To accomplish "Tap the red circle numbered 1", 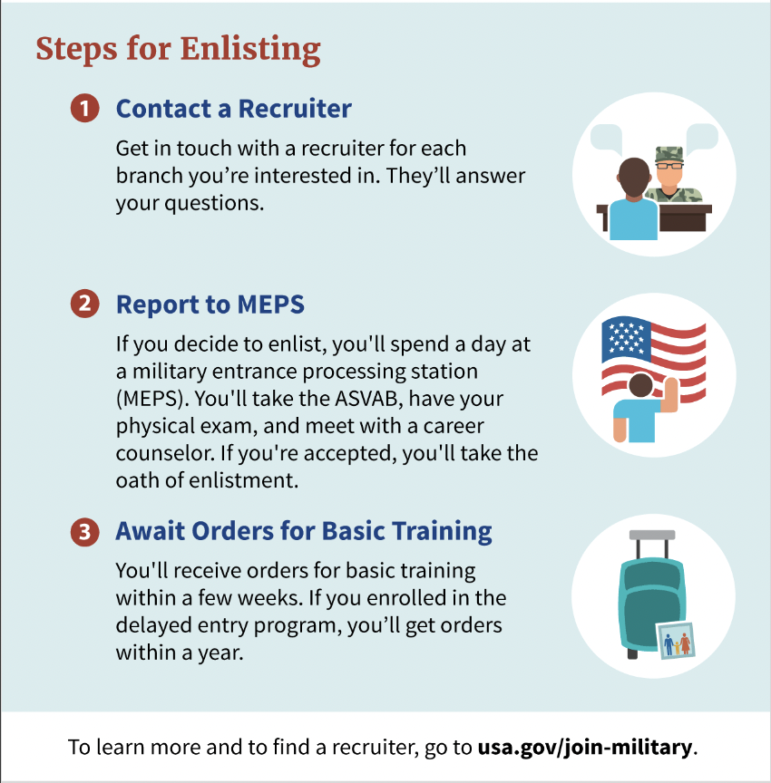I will point(84,109).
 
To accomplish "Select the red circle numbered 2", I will point(84,304).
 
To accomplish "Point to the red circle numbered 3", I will point(84,531).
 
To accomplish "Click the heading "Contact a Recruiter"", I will point(233,109).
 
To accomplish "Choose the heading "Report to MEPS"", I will point(210,304).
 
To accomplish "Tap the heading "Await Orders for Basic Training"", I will point(303,531).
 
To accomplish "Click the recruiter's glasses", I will point(669,166).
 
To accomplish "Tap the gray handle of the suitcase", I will point(652,535).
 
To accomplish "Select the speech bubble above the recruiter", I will point(701,137).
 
